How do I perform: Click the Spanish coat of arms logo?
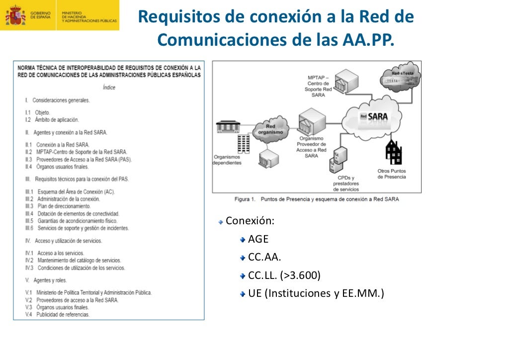(x=15, y=15)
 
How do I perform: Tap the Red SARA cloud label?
(x=374, y=117)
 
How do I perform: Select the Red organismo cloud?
(x=270, y=129)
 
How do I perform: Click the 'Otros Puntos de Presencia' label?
(x=392, y=174)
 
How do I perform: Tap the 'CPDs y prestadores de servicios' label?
(x=345, y=183)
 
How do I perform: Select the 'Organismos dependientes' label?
(x=227, y=160)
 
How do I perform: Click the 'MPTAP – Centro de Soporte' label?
(x=319, y=86)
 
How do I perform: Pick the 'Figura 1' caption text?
(x=316, y=199)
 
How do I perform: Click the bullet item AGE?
(x=258, y=239)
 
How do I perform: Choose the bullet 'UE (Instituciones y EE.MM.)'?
(x=316, y=293)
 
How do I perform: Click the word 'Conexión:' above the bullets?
(x=250, y=221)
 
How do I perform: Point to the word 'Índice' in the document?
(x=109, y=88)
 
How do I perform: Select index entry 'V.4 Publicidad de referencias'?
(x=58, y=315)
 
